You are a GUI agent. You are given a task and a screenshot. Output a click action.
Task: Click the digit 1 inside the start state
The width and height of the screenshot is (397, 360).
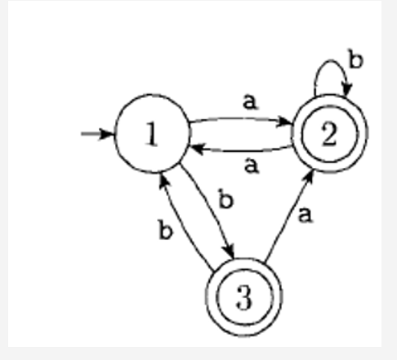[x=152, y=135]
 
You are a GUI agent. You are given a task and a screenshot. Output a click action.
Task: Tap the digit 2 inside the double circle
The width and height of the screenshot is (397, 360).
[x=328, y=135]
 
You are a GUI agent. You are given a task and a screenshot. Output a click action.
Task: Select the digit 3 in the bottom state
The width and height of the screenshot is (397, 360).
[x=244, y=299]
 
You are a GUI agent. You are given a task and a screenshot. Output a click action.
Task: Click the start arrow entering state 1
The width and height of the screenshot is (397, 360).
[x=97, y=133]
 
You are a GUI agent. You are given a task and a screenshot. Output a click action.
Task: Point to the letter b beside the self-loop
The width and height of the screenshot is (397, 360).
[x=355, y=60]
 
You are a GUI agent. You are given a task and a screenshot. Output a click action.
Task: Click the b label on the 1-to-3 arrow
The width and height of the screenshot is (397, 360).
[x=226, y=199]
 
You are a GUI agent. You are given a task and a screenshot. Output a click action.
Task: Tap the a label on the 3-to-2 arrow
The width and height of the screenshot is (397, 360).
[x=306, y=216]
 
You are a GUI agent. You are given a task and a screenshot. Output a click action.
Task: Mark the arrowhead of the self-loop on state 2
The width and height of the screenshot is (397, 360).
[x=346, y=89]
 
